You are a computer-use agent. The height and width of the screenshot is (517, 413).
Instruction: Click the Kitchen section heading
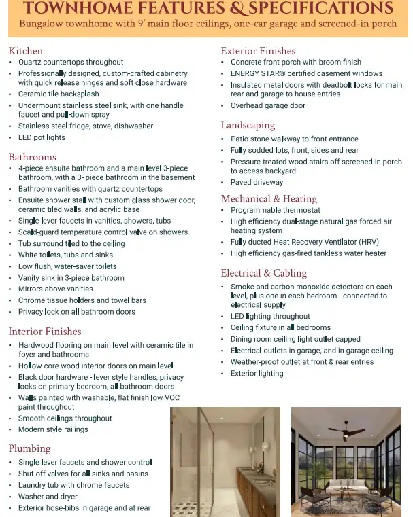(26, 51)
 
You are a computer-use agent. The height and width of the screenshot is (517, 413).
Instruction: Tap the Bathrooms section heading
(32, 157)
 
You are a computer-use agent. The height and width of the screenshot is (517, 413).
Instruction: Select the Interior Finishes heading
(45, 332)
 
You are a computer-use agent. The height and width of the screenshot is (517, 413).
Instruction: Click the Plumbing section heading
(29, 448)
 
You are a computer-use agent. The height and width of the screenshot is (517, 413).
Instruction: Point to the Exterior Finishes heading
(258, 51)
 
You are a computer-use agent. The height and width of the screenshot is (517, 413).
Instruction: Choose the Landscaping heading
(248, 125)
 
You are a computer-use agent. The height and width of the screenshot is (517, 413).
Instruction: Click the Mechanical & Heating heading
(269, 199)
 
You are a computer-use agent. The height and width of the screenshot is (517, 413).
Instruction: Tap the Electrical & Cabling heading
(264, 273)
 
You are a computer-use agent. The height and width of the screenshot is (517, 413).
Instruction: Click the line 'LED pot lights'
(42, 137)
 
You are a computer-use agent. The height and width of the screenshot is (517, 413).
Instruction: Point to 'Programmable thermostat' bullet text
(275, 211)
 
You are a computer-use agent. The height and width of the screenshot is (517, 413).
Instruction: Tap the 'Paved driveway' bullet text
(258, 183)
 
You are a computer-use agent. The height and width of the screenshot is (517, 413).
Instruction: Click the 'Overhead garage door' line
(268, 106)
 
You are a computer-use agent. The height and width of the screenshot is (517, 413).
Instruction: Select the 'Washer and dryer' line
(48, 497)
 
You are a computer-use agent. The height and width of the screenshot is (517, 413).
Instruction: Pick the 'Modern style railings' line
(53, 429)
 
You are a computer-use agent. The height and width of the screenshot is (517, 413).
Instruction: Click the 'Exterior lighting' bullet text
(257, 374)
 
